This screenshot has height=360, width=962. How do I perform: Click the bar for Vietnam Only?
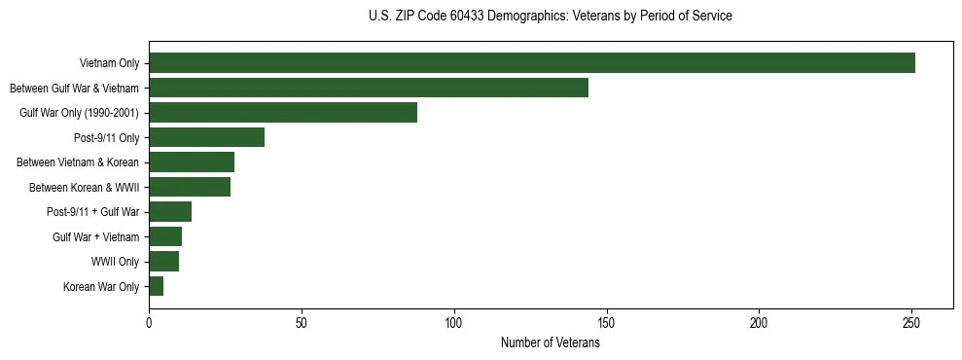pyautogui.click(x=532, y=63)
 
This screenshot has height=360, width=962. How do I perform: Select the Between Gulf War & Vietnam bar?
pyautogui.click(x=369, y=88)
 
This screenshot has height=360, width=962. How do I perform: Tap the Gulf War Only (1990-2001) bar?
pyautogui.click(x=283, y=113)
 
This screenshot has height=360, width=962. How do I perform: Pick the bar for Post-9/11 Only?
pyautogui.click(x=206, y=137)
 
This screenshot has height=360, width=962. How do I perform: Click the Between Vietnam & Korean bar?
pyautogui.click(x=192, y=162)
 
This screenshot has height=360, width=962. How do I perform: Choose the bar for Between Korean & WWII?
pyautogui.click(x=190, y=187)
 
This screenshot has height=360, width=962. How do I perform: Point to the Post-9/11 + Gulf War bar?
pyautogui.click(x=170, y=212)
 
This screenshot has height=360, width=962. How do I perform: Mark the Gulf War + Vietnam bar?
pyautogui.click(x=165, y=236)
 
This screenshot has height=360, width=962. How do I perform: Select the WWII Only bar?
pyautogui.click(x=163, y=262)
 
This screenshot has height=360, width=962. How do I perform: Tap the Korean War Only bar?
pyautogui.click(x=156, y=286)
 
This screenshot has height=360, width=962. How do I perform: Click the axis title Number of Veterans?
pyautogui.click(x=551, y=342)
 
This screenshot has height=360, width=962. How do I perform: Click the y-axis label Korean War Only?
pyautogui.click(x=101, y=287)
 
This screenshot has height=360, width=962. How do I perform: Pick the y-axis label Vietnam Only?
pyautogui.click(x=109, y=63)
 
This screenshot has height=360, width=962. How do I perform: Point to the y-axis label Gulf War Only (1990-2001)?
pyautogui.click(x=80, y=113)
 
